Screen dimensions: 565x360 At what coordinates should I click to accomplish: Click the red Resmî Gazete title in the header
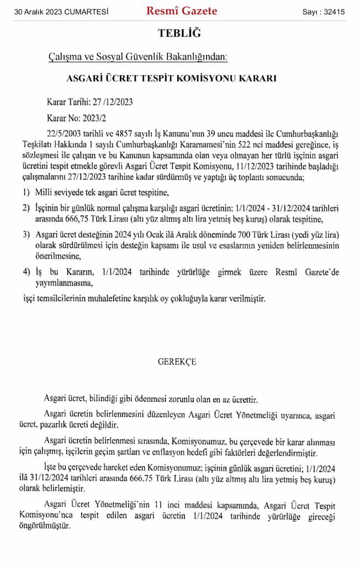(x=182, y=11)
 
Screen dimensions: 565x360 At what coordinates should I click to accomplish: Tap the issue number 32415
(x=331, y=12)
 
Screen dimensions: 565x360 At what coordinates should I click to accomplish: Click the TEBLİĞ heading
(x=180, y=34)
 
